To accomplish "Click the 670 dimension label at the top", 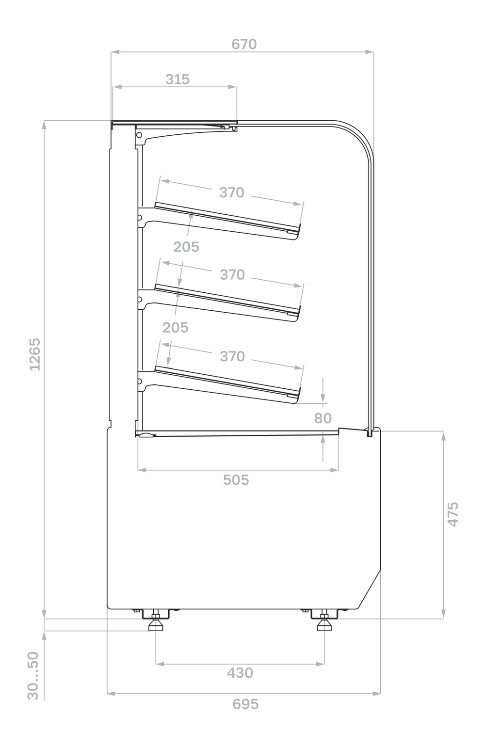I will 244,44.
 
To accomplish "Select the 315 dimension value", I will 178,79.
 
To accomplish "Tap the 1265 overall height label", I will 35,354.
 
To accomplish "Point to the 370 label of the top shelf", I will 231,192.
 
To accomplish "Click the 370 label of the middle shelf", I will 232,274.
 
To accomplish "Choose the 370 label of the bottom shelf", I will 232,356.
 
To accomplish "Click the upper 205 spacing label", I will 186,247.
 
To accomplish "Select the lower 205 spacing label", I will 175,328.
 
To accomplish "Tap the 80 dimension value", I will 323,418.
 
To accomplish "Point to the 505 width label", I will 236,480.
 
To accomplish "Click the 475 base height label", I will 453,514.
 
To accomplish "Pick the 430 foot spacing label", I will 240,673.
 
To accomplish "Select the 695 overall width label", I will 245,704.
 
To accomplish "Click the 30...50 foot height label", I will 33,675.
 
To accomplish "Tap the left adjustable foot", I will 156,624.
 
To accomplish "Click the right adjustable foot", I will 324,624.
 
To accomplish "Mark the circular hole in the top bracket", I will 139,135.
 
